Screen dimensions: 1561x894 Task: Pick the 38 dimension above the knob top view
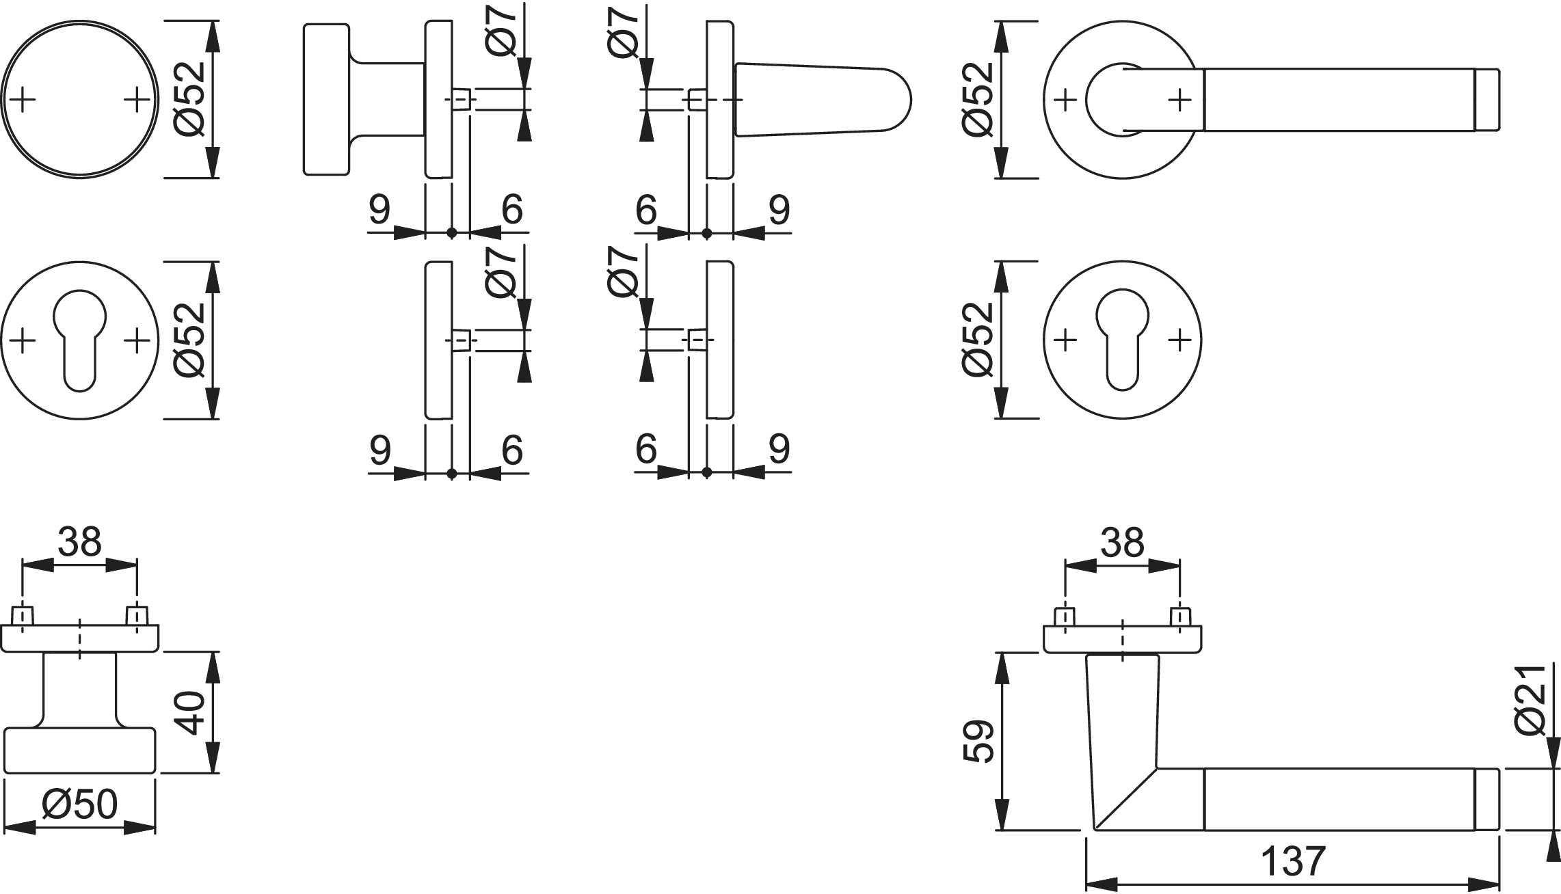pyautogui.click(x=79, y=542)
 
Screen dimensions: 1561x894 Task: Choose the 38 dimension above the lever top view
pyautogui.click(x=1123, y=543)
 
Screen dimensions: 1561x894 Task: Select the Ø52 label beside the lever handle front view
pyautogui.click(x=976, y=100)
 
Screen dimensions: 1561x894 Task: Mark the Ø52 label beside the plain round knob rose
pyautogui.click(x=189, y=100)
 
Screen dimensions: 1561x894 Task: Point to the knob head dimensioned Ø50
pyautogui.click(x=80, y=751)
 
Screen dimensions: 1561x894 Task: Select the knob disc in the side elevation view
pyautogui.click(x=326, y=99)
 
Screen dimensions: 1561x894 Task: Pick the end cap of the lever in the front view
pyautogui.click(x=1486, y=100)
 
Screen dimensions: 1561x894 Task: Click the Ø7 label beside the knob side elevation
pyautogui.click(x=503, y=34)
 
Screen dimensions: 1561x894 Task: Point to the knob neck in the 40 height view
pyautogui.click(x=79, y=690)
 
